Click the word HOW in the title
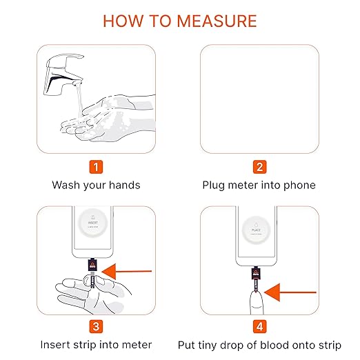121,20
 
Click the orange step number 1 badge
97,166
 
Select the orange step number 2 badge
259,166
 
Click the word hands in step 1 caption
125,185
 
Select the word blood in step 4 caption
282,344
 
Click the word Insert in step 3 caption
57,344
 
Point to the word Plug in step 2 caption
214,185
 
